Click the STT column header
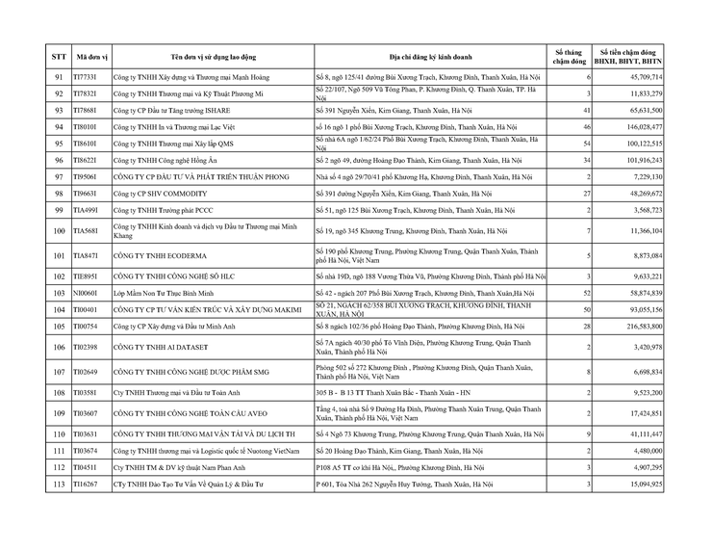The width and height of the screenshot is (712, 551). point(59,57)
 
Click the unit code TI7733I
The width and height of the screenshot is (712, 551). point(88,76)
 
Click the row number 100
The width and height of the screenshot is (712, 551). point(59,231)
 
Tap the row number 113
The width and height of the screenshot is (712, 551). point(59,485)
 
